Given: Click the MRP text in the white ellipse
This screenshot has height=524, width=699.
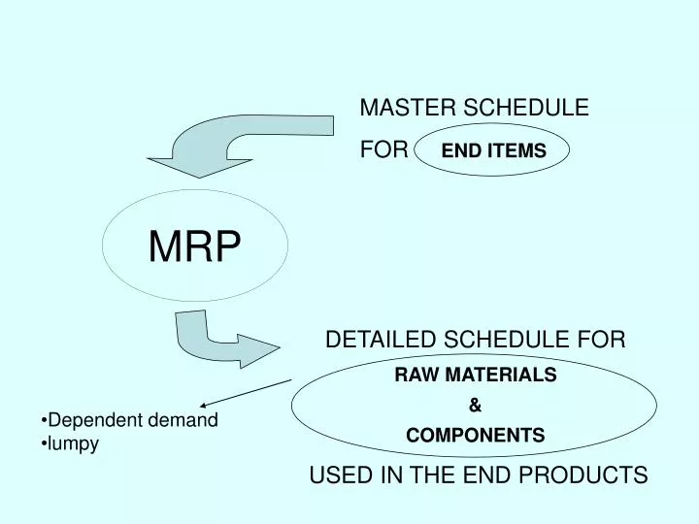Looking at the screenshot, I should [194, 247].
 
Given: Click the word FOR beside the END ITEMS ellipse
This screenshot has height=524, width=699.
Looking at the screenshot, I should [383, 150].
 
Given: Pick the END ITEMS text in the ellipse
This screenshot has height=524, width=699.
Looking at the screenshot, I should [494, 151].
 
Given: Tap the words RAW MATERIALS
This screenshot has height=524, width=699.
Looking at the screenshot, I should [476, 375].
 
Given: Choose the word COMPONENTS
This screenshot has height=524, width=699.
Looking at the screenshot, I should [476, 436].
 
